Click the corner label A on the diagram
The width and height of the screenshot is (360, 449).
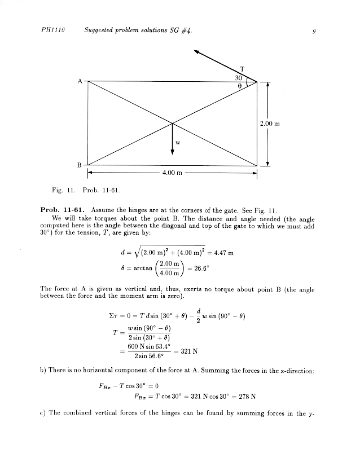[80, 81]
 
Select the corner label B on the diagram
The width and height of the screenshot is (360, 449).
[80, 164]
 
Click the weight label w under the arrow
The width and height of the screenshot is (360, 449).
[178, 142]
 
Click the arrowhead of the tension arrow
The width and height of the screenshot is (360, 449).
[197, 52]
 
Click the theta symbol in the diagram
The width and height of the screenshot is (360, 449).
[239, 86]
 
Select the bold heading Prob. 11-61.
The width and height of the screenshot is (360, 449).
[63, 209]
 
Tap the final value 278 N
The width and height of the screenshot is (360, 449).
[247, 396]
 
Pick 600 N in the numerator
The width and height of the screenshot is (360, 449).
[137, 346]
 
